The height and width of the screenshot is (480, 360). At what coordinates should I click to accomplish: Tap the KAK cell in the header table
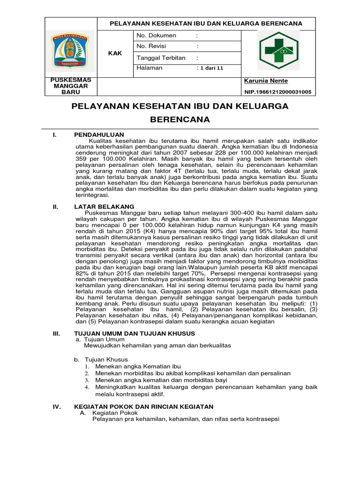point(115,53)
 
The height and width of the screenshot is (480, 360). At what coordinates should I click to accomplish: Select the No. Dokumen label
point(156,36)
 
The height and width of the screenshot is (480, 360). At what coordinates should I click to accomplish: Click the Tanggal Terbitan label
point(161,58)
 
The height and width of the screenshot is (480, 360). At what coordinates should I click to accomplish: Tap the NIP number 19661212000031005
point(278,92)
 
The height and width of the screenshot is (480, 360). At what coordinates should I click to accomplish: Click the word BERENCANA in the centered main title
point(180,120)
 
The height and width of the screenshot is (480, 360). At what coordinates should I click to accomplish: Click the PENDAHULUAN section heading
point(97,135)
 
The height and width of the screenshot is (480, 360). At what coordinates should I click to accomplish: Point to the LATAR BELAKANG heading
point(104,207)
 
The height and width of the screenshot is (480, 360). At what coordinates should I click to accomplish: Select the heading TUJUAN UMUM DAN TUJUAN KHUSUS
point(135,333)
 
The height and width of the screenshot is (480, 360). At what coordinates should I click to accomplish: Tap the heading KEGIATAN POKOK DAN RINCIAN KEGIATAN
point(144,406)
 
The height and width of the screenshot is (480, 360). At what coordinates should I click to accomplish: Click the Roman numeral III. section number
point(57,333)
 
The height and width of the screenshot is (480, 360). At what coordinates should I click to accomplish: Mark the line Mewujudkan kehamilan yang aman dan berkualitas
point(157,346)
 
